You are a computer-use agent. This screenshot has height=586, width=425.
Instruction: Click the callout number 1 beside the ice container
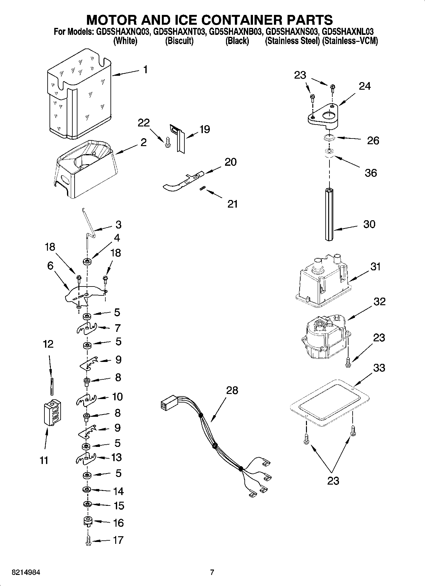pyautogui.click(x=145, y=69)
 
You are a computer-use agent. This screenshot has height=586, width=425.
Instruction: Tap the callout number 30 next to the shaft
pyautogui.click(x=369, y=224)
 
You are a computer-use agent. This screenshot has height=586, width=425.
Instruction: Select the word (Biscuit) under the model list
pyautogui.click(x=179, y=41)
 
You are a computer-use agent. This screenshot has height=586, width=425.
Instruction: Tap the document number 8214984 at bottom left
pyautogui.click(x=26, y=572)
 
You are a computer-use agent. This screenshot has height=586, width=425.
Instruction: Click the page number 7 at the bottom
pyautogui.click(x=212, y=572)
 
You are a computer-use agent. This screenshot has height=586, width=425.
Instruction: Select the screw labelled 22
pyautogui.click(x=167, y=143)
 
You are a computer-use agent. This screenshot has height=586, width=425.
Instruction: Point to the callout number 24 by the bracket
pyautogui.click(x=365, y=86)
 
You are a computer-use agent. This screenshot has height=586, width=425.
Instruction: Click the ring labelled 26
pyautogui.click(x=329, y=138)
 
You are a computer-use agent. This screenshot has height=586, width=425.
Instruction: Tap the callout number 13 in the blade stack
pyautogui.click(x=116, y=457)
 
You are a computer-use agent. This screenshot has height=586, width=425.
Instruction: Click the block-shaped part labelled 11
pyautogui.click(x=52, y=413)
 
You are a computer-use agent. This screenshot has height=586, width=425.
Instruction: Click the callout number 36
pyautogui.click(x=370, y=173)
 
